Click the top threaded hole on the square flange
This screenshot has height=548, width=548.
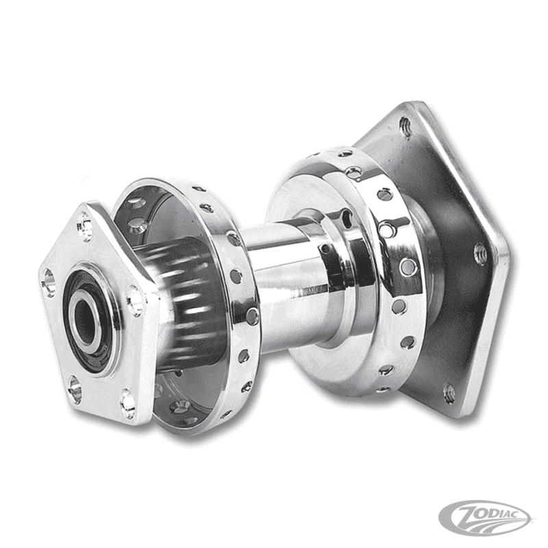[405, 128]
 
